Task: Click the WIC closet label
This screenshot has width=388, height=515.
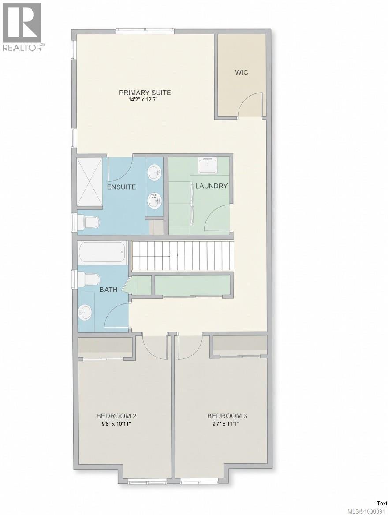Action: click(241, 72)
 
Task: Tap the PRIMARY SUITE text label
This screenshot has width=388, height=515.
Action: click(145, 93)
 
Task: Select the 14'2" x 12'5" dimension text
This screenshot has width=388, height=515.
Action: click(145, 100)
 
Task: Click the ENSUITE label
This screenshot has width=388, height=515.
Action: click(121, 187)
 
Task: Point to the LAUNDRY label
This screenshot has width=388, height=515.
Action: click(211, 186)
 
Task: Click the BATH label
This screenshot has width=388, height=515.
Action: click(108, 290)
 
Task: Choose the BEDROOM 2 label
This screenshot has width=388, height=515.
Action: click(116, 416)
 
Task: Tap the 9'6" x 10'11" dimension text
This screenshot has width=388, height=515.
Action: click(116, 424)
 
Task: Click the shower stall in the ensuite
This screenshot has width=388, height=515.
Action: click(90, 182)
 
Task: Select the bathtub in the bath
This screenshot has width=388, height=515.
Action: click(103, 253)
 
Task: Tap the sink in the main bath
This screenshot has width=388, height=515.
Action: click(85, 313)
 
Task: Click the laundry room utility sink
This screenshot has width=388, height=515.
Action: click(208, 166)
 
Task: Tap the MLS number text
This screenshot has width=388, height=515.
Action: click(367, 511)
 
